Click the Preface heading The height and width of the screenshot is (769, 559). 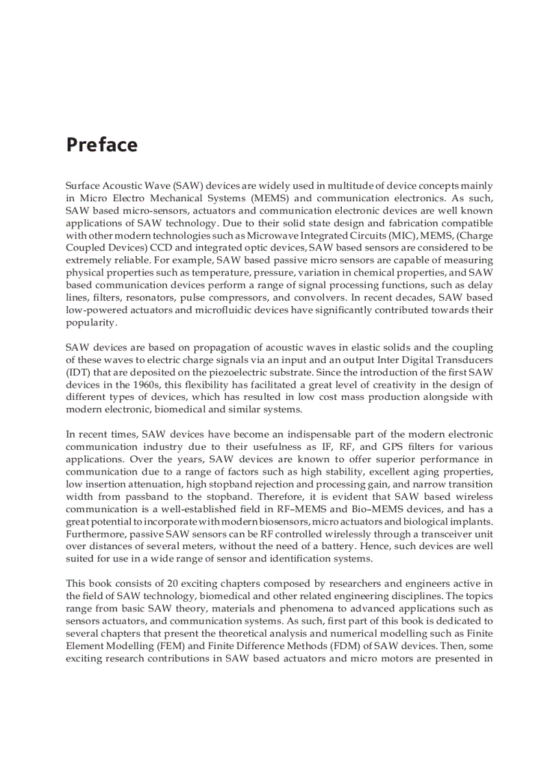tap(101, 145)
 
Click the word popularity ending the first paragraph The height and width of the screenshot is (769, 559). tap(91, 323)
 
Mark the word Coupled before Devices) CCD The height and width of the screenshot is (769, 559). tap(84, 248)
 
